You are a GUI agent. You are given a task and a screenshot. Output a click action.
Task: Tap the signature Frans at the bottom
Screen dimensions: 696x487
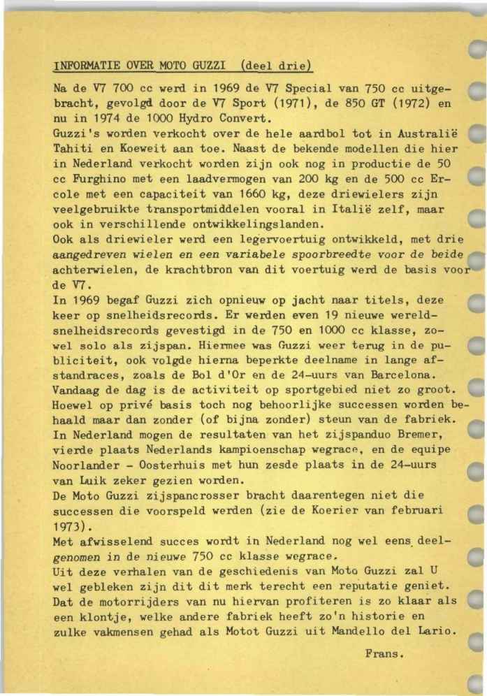pos(385,654)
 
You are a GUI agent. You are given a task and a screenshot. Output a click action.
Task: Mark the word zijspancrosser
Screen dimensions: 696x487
pos(174,496)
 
